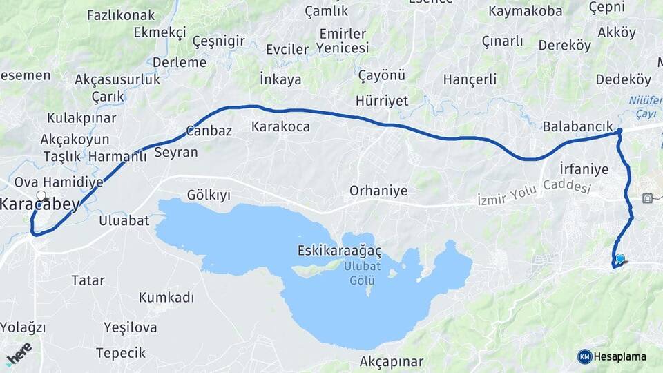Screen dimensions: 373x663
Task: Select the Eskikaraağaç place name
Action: pos(340,250)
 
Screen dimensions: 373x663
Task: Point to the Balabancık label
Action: pos(578,127)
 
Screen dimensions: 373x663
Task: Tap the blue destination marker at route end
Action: pos(619,260)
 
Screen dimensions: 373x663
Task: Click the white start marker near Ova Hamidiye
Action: pos(41,195)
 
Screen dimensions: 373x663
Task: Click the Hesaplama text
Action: pos(620,356)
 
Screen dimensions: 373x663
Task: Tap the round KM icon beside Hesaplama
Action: pos(585,356)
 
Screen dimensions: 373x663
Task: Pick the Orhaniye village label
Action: pos(378,191)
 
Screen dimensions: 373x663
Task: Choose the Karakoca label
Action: pos(280,127)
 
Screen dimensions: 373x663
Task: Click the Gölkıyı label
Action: pos(209,195)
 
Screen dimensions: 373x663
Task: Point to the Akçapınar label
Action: pos(391,361)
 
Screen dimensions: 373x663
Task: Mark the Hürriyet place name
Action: pos(382,101)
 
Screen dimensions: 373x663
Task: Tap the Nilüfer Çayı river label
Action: pos(645,106)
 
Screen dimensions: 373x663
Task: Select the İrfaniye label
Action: pos(584,169)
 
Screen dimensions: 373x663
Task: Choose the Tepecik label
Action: pos(121,353)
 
